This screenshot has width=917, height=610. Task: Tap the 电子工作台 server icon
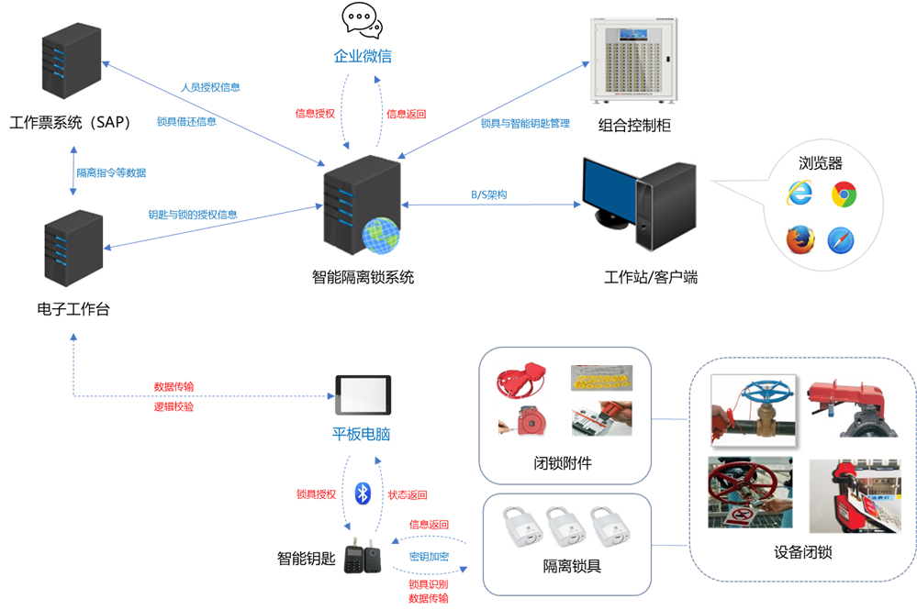pos(73,248)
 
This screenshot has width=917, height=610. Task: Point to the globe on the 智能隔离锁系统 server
pos(380,234)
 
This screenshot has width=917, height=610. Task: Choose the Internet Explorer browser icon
pos(800,194)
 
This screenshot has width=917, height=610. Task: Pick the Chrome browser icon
pos(844,194)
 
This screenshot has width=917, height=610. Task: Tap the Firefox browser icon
pos(800,239)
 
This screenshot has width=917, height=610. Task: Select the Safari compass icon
pos(842,240)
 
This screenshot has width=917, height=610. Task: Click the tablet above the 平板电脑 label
pos(363,395)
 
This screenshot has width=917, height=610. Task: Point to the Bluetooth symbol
pos(363,494)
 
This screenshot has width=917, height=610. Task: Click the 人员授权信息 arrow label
pos(210,87)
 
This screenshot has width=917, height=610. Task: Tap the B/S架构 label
pos(489,194)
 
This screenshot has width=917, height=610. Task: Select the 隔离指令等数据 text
pos(111,172)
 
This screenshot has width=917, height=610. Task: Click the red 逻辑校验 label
pos(173,406)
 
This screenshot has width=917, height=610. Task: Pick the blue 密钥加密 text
pos(429,557)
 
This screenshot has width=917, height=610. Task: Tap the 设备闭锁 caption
pos(803,553)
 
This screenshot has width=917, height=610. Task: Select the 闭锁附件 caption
pos(563,463)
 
